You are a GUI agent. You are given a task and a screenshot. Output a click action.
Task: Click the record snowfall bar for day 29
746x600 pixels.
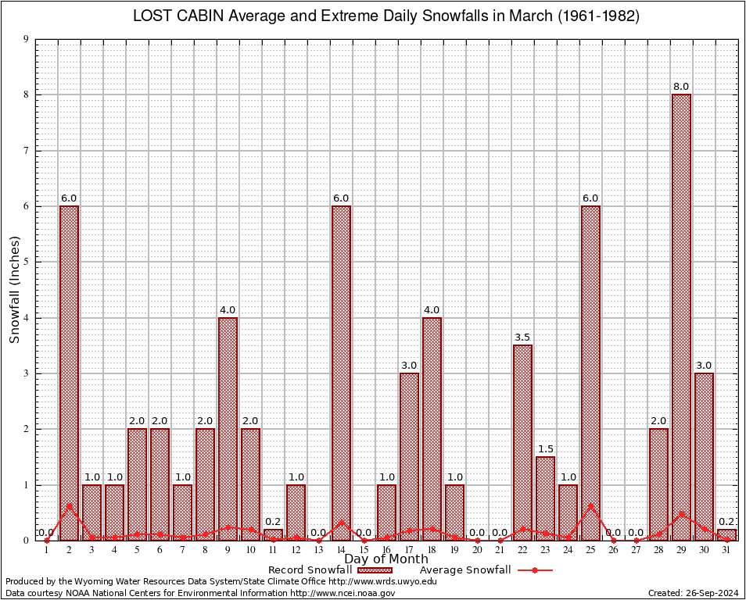click(681, 316)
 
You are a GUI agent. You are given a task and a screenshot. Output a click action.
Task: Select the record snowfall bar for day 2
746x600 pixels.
click(69, 373)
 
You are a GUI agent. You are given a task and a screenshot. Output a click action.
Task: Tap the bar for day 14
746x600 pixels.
click(341, 373)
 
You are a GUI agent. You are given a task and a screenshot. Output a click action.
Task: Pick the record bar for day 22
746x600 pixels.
click(522, 442)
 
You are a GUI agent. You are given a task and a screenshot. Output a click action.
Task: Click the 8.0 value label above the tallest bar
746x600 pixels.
click(681, 87)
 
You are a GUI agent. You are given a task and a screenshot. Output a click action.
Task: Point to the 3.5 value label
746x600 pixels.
click(522, 337)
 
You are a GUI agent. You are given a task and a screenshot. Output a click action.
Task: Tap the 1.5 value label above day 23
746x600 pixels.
click(545, 449)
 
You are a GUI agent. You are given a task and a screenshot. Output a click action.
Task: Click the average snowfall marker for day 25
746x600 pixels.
click(590, 505)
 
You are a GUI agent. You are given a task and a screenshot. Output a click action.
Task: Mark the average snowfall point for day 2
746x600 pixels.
click(69, 505)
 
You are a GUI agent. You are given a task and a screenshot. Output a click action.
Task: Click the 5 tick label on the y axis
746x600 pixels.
click(26, 262)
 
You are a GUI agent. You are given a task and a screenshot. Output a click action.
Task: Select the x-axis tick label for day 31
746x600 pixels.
click(726, 550)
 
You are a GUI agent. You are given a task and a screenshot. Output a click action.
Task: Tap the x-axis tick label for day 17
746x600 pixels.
click(409, 550)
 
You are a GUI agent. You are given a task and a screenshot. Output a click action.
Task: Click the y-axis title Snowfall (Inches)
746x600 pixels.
click(14, 290)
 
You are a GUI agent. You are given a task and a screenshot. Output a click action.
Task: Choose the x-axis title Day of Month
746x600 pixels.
click(386, 559)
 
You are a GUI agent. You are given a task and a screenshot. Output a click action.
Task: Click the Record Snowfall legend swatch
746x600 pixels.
click(371, 570)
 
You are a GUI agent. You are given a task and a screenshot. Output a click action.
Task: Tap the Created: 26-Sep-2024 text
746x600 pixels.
click(693, 593)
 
